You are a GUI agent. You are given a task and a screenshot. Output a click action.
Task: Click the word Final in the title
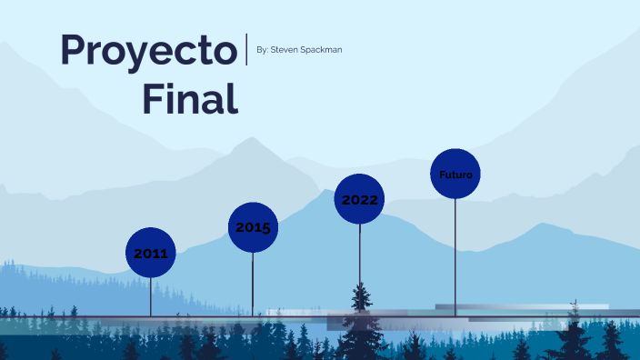pos(190,97)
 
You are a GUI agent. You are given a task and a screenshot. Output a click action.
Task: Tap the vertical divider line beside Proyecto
pos(246,49)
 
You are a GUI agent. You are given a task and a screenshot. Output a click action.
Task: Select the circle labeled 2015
pos(253,227)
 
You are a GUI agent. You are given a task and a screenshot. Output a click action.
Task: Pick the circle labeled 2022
pos(359,199)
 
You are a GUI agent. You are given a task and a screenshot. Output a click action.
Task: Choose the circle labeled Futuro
pos(455,174)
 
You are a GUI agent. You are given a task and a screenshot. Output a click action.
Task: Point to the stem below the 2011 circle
pos(150,295)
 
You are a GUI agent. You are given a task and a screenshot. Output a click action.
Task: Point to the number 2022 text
pos(359,200)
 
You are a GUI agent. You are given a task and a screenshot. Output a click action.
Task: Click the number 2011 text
pos(150,254)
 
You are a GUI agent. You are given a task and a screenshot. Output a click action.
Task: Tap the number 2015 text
pos(253,227)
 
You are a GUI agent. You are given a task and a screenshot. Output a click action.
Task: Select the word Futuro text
pos(455,174)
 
